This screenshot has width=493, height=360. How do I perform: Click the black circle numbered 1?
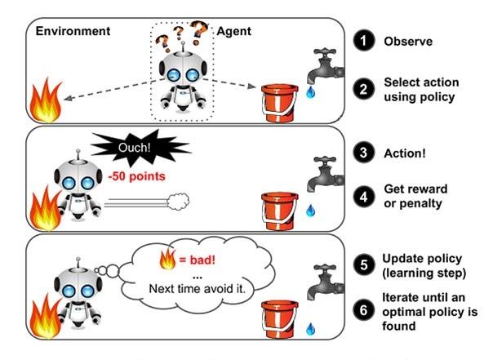tap(365, 39)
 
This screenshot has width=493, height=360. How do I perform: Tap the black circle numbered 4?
tap(365, 198)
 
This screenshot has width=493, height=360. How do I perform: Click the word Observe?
tap(408, 39)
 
